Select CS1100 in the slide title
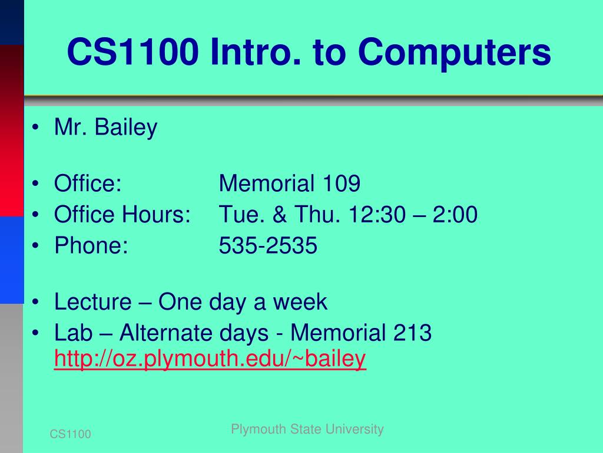[x=132, y=52]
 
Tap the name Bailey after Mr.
[x=126, y=127]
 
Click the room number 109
[x=341, y=183]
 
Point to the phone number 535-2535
[x=268, y=245]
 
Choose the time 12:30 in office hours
[x=377, y=214]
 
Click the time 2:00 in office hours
[x=455, y=214]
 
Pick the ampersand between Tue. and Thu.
[x=280, y=214]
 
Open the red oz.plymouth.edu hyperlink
[x=210, y=359]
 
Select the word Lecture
[x=92, y=301]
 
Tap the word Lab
[x=74, y=333]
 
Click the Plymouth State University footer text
[x=307, y=429]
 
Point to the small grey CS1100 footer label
[x=71, y=434]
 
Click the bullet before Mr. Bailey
[x=36, y=127]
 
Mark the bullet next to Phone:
[x=36, y=245]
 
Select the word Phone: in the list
[x=91, y=245]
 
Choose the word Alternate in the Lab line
[x=194, y=333]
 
